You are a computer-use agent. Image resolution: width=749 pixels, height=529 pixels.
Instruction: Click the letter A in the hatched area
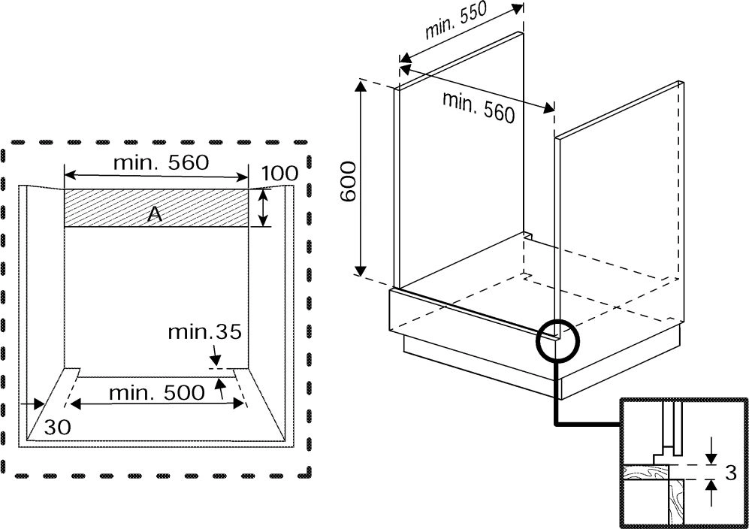click(155, 214)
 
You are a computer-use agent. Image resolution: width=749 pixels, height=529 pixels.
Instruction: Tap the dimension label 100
click(279, 174)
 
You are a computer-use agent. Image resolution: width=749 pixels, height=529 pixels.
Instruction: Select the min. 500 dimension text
click(156, 392)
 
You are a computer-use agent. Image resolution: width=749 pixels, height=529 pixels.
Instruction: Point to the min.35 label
click(204, 331)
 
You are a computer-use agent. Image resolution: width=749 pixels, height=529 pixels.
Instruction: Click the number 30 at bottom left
click(57, 428)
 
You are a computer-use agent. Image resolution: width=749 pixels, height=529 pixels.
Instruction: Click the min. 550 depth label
click(456, 25)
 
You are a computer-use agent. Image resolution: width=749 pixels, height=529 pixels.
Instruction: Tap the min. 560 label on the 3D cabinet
click(479, 107)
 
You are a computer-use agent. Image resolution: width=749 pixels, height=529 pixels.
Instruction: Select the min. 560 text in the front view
click(160, 162)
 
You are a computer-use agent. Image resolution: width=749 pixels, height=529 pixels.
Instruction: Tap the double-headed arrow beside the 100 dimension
click(263, 207)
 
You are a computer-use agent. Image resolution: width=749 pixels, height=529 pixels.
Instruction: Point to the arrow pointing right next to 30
click(35, 404)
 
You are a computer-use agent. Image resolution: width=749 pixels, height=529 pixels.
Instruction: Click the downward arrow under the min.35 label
click(215, 354)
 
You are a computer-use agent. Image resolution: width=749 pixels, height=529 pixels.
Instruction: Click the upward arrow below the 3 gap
click(711, 493)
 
